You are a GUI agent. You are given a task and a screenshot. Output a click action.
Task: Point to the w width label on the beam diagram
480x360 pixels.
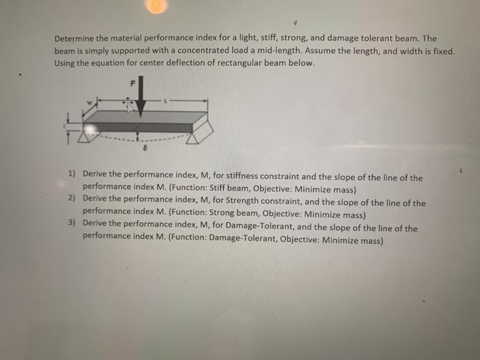pos(88,104)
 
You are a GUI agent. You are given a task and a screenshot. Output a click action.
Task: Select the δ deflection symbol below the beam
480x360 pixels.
pos(144,147)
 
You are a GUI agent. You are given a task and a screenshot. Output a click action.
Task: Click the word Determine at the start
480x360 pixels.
pos(76,39)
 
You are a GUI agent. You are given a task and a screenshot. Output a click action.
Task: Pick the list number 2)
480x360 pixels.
pos(72,198)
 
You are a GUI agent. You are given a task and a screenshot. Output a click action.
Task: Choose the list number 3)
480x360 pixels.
pos(72,222)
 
